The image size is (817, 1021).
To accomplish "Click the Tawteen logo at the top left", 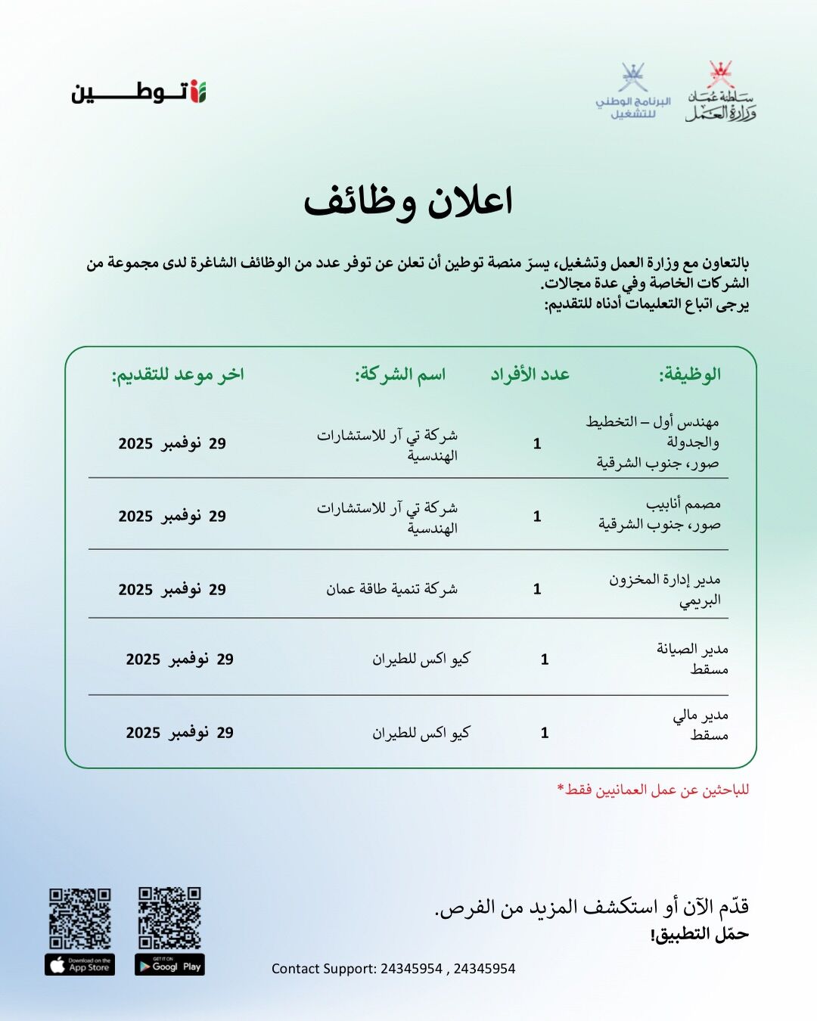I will (138, 92).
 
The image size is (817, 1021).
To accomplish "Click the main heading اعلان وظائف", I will (408, 202).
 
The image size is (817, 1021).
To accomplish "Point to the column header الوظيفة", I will (689, 374).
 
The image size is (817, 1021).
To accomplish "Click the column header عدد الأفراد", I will (530, 374).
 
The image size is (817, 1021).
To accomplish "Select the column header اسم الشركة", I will (400, 374).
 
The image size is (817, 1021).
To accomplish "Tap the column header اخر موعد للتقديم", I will (179, 374).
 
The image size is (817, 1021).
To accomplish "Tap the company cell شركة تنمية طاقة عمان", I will (392, 589).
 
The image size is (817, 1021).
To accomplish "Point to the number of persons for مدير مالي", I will (545, 732).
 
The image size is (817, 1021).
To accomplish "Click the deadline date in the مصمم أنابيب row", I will (172, 517).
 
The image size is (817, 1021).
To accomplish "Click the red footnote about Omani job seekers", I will (653, 790).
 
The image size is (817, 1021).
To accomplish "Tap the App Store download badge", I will (80, 965).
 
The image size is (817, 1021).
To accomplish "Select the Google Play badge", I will (169, 965).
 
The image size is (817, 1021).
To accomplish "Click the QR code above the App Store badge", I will (80, 918).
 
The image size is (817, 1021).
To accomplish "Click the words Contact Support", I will (324, 969).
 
